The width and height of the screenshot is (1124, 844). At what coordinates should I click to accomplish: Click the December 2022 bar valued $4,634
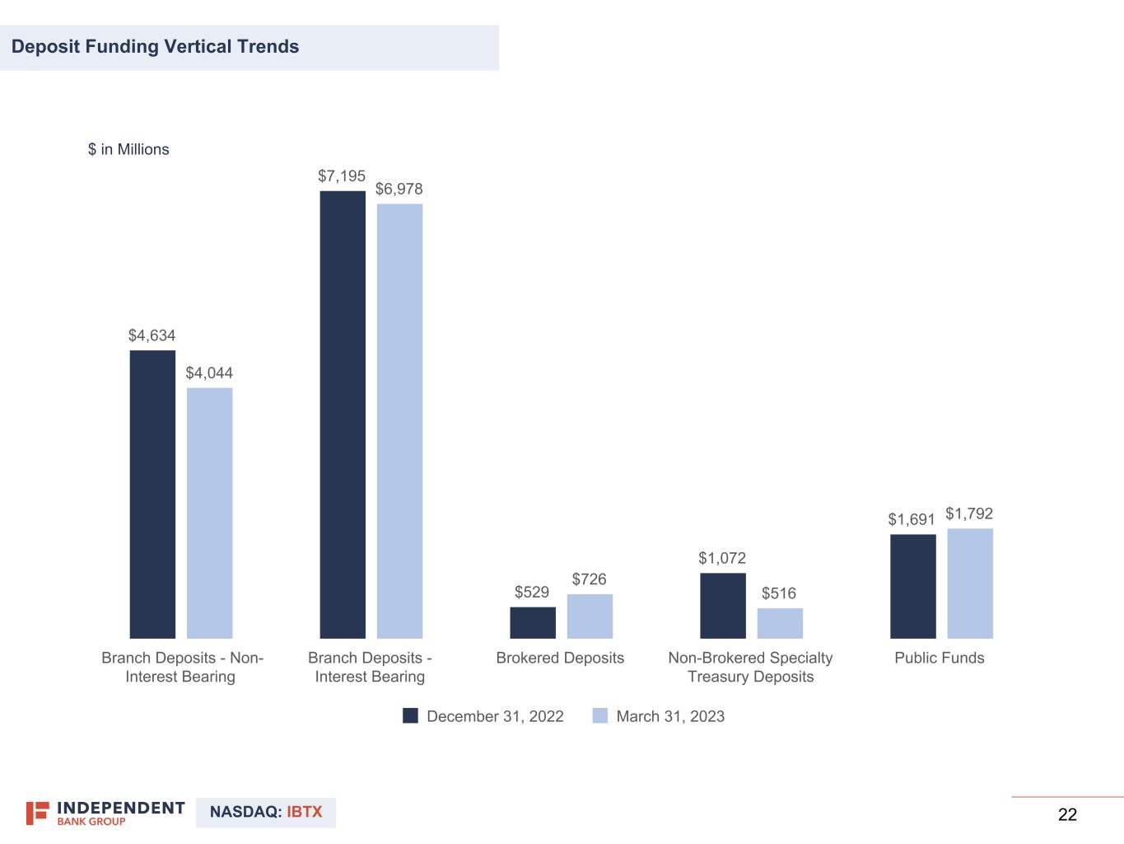(x=152, y=495)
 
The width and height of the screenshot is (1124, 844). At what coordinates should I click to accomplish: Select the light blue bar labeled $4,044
(x=209, y=513)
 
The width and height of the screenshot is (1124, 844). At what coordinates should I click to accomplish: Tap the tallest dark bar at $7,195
(x=343, y=415)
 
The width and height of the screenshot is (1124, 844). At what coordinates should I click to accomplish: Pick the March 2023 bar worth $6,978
(x=399, y=421)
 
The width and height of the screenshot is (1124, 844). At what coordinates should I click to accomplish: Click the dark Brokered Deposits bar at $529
(x=533, y=622)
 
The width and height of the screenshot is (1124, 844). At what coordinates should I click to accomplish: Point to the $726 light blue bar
(x=590, y=616)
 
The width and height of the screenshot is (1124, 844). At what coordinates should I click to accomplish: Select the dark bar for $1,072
(x=723, y=606)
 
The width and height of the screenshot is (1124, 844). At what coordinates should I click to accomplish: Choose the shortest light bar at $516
(x=780, y=623)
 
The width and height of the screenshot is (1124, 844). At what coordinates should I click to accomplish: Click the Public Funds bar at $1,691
(x=912, y=586)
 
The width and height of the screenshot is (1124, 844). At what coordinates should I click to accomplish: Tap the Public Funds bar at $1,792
(x=970, y=584)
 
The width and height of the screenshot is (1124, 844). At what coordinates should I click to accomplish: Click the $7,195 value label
(x=342, y=176)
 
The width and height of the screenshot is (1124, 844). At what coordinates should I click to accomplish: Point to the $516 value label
(x=779, y=593)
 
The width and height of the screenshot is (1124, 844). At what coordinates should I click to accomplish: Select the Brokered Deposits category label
(x=560, y=658)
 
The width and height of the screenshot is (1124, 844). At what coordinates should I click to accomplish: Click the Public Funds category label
(x=940, y=658)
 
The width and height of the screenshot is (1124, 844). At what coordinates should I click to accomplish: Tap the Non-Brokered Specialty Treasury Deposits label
(x=750, y=668)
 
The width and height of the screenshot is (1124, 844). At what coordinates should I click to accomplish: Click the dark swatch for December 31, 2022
(x=410, y=715)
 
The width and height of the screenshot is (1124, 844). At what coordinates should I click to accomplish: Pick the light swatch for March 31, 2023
(x=599, y=715)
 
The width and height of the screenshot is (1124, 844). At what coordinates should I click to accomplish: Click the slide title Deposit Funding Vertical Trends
(x=156, y=47)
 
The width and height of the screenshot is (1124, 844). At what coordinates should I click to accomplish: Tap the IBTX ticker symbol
(x=305, y=812)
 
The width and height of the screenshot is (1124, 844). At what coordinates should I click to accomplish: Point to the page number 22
(x=1067, y=815)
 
